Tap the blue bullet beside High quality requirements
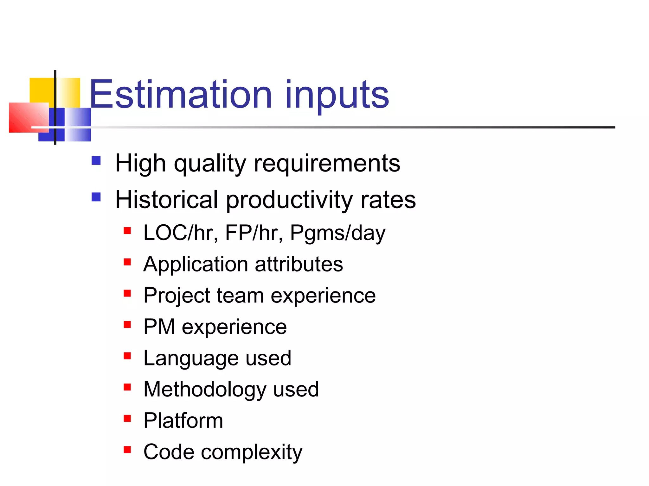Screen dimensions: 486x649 click(x=96, y=161)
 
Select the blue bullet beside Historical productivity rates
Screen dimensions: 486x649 click(x=96, y=197)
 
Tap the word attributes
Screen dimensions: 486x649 click(x=299, y=264)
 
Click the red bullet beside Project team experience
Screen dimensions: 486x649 click(x=127, y=293)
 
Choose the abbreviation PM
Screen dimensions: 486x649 click(x=159, y=327)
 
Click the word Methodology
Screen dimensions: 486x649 click(x=204, y=389)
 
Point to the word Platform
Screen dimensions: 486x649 click(x=183, y=421)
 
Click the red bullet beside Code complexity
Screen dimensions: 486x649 click(x=127, y=450)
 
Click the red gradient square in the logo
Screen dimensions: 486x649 click(x=29, y=117)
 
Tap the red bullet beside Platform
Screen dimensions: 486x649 click(x=127, y=419)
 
